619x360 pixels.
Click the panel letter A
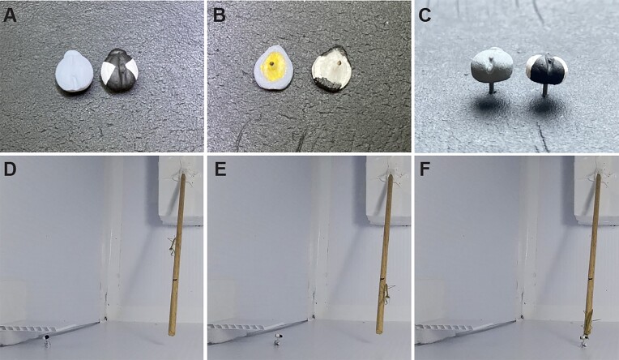coord(10,15)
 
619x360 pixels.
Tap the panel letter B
coord(219,15)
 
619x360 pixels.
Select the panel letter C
coord(425,15)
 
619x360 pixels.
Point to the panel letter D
coord(11,169)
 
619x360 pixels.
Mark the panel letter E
coord(220,169)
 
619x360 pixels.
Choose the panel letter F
coord(425,169)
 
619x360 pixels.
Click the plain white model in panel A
coord(75,71)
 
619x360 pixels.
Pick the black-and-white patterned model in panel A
coord(120,71)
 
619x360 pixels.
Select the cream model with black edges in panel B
coord(331,68)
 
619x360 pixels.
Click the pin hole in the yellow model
coord(272,63)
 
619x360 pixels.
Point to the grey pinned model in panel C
coord(492,65)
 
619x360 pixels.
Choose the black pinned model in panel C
coord(548,69)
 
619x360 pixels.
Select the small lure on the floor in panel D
coord(47,341)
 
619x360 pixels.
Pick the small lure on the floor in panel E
coord(279,340)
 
